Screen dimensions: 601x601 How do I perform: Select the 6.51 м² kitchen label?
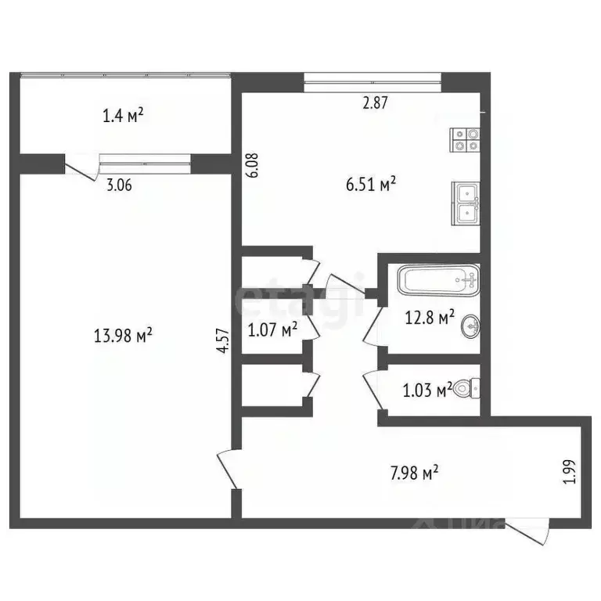tap(372, 184)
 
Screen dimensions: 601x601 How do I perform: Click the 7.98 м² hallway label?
tap(414, 473)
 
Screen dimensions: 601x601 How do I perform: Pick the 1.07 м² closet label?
tap(272, 330)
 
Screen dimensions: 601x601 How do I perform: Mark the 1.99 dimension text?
tap(569, 472)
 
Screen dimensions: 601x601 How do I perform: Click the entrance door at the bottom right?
tap(529, 532)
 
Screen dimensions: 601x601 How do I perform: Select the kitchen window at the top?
tap(372, 77)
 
